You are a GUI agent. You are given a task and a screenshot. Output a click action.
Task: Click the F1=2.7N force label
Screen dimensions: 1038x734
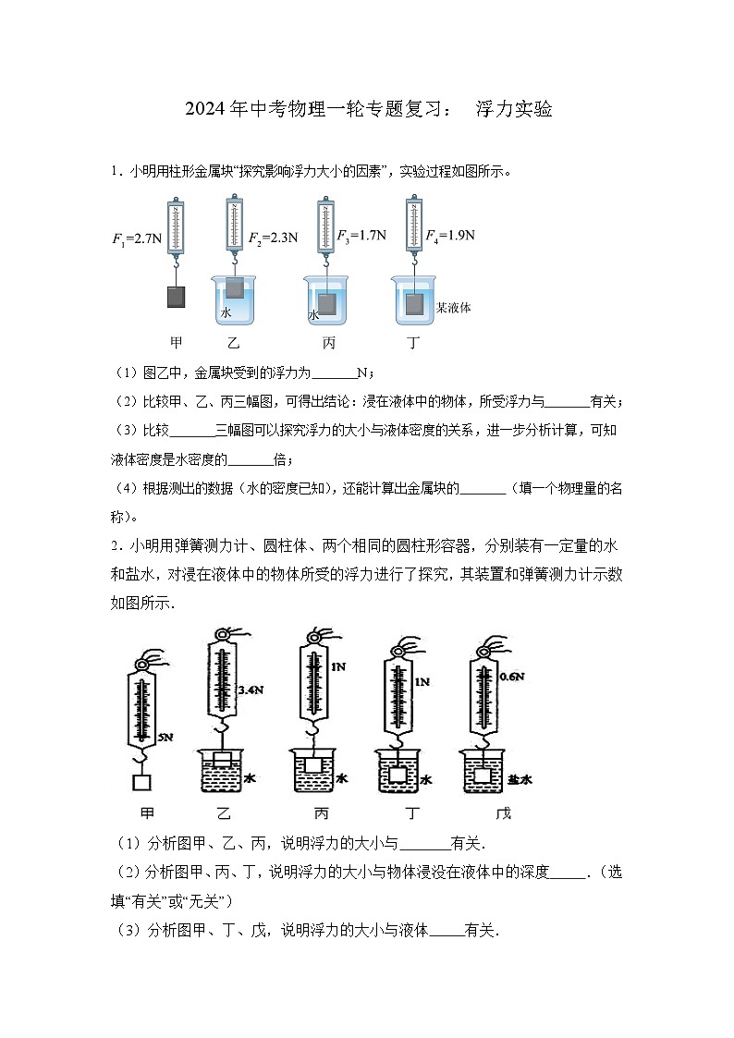coord(137,238)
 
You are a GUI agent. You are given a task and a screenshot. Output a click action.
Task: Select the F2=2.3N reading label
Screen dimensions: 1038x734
coord(273,238)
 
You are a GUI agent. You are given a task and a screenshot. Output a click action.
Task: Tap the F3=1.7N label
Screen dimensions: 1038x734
coord(361,235)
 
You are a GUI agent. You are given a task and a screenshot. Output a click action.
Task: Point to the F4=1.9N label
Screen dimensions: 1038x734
coord(450,235)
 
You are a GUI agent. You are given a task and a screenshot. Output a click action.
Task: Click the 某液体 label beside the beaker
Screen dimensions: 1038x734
coord(454,308)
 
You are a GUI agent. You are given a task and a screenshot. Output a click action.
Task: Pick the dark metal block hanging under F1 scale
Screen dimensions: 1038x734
coord(176,297)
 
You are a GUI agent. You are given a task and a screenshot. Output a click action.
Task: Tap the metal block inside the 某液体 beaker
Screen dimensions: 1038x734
coord(415,305)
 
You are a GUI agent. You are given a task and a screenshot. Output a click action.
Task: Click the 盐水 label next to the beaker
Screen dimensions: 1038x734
coord(520,780)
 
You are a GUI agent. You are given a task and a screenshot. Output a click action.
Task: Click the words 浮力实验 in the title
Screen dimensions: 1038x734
coord(514,109)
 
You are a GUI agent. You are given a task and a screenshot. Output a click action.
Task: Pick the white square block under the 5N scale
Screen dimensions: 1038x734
coord(142,783)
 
